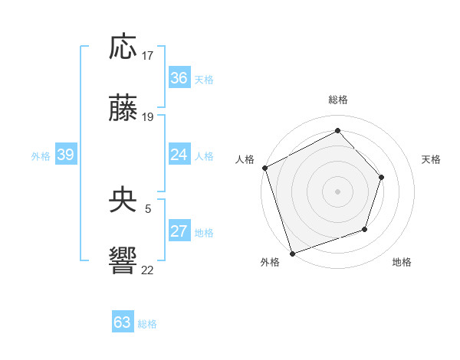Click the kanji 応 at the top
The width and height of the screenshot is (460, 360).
123,47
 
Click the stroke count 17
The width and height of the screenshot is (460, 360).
148,56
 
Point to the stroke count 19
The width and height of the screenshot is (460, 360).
148,116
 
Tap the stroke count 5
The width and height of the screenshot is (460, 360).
148,208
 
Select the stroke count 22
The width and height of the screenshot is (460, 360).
148,269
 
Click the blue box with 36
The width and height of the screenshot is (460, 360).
179,78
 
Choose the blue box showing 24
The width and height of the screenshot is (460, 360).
179,155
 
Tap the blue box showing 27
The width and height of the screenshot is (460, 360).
179,232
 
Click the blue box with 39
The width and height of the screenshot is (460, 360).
65,155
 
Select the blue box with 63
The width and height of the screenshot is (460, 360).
122,322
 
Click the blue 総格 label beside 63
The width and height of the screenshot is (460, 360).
147,324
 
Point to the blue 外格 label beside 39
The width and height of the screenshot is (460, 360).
41,156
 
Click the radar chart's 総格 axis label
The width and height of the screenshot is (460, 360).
337,100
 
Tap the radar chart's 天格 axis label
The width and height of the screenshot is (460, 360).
432,159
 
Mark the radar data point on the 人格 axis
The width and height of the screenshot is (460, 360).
264,168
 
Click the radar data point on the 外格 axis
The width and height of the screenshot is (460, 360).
292,253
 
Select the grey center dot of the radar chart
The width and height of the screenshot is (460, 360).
337,191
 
